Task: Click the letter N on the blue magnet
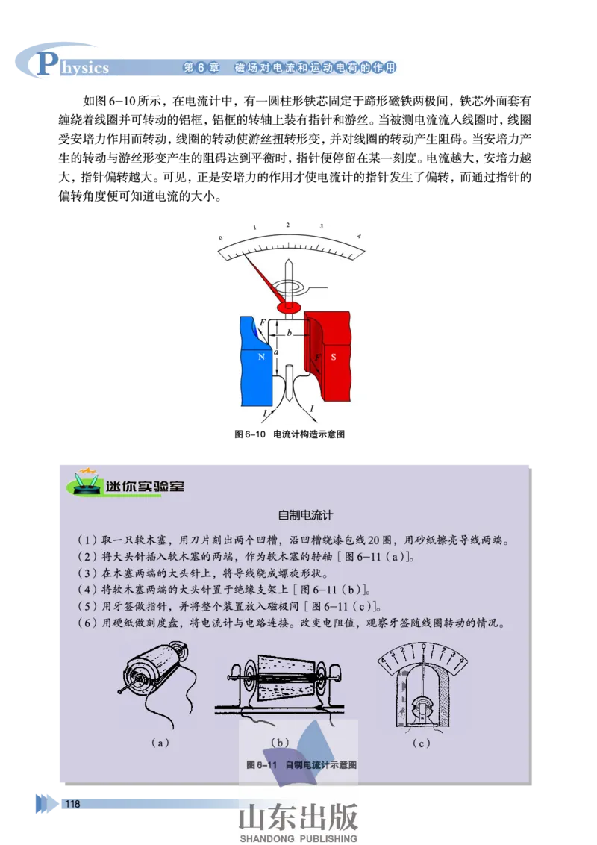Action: [x=260, y=357]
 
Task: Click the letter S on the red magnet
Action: [x=334, y=357]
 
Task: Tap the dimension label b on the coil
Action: [x=290, y=334]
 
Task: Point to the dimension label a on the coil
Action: [x=275, y=351]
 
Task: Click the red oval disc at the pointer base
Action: [x=289, y=307]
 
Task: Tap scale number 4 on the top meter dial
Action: [x=359, y=237]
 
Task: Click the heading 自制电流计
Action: [x=304, y=515]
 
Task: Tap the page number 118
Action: [x=72, y=804]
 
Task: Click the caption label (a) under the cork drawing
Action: [x=160, y=742]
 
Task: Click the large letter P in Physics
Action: [x=46, y=65]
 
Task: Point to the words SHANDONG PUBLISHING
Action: [x=298, y=839]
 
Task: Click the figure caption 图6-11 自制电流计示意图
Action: [x=301, y=765]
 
